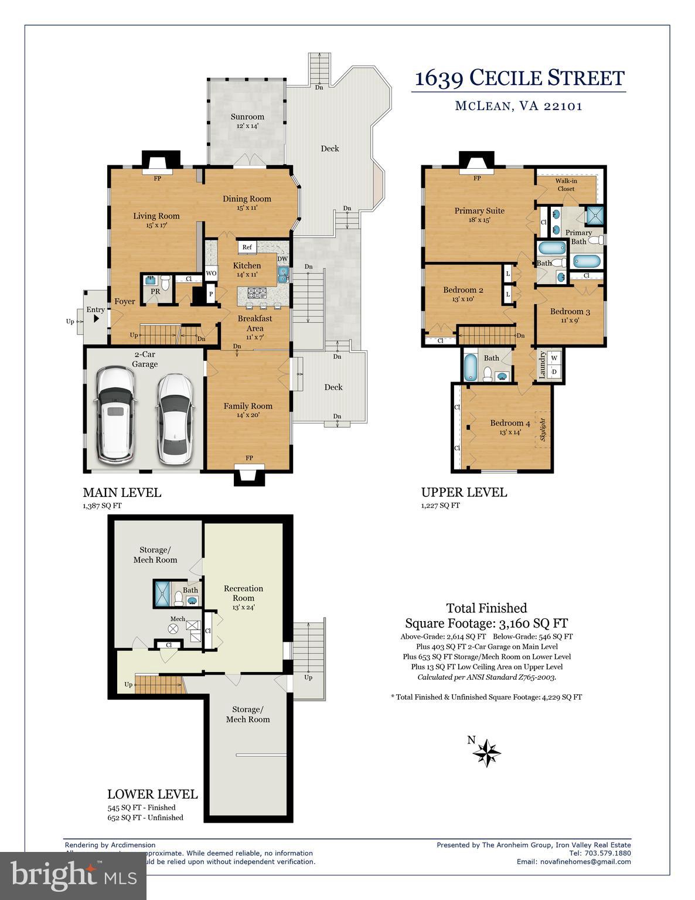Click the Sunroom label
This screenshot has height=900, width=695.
(x=247, y=117)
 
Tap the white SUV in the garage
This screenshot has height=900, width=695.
(x=115, y=413)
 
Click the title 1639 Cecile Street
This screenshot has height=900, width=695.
(x=519, y=78)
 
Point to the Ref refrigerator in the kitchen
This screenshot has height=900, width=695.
(x=247, y=247)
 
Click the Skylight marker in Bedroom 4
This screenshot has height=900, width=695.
(x=543, y=429)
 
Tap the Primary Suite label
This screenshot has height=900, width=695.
(x=479, y=211)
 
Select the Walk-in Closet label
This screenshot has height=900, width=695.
(x=565, y=185)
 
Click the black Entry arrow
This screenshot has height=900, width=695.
(x=96, y=319)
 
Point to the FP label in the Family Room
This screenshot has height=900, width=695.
(x=249, y=458)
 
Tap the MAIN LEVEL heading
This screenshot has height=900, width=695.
(x=122, y=493)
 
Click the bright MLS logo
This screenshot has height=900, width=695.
(x=73, y=875)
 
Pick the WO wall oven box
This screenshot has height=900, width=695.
(x=211, y=273)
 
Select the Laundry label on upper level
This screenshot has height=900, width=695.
(x=542, y=364)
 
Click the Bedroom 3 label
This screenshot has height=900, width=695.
(x=570, y=312)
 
